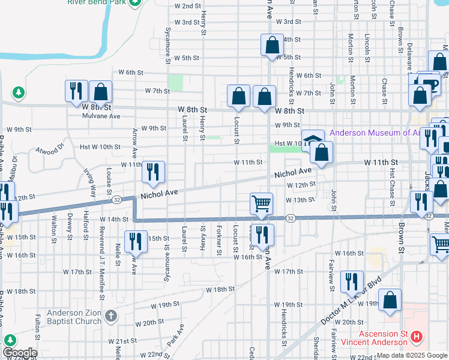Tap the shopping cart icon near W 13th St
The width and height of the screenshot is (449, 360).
click(262, 204)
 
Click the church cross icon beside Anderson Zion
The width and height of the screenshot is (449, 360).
click(110, 316)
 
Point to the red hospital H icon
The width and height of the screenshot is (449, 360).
click(417, 338)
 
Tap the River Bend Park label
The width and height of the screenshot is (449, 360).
click(98, 2)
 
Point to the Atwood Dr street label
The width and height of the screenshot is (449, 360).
click(49, 149)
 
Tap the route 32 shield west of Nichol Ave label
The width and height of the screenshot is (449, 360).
click(117, 199)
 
